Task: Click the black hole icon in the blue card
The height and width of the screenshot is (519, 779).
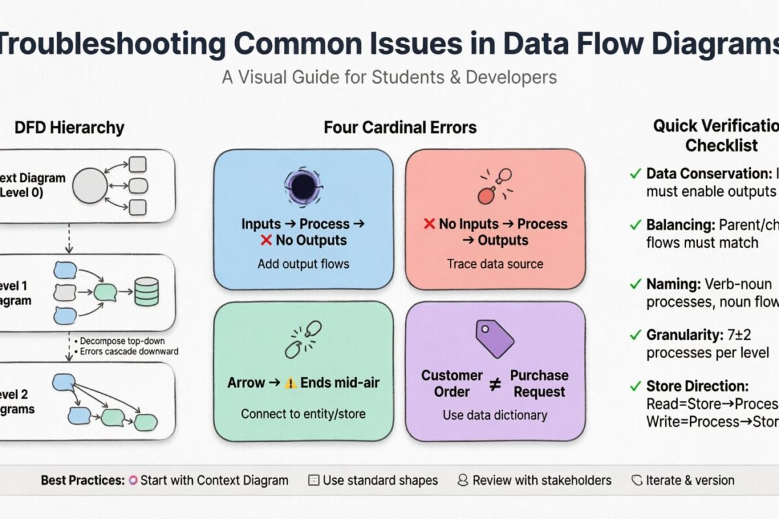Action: (x=303, y=187)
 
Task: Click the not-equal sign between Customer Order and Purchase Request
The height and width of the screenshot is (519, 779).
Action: (x=495, y=384)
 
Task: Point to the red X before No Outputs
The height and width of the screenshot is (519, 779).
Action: (x=266, y=241)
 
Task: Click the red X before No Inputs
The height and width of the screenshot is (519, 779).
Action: (x=429, y=224)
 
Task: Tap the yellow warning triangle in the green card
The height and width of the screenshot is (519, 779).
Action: (x=289, y=383)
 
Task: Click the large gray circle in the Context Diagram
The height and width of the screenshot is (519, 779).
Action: (x=90, y=186)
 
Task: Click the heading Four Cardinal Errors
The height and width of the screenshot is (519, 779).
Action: (x=400, y=128)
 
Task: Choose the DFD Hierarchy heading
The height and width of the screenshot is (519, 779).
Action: (x=70, y=128)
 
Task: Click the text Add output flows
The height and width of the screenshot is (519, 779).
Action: (x=303, y=264)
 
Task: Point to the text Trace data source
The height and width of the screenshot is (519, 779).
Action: (x=495, y=264)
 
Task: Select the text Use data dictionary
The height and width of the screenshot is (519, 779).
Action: (x=495, y=415)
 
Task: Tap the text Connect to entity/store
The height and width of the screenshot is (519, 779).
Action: (x=303, y=413)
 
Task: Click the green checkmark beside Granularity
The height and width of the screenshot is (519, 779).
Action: (x=636, y=335)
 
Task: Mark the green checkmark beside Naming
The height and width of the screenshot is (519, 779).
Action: (x=636, y=284)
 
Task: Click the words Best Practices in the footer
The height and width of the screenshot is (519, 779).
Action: (x=82, y=481)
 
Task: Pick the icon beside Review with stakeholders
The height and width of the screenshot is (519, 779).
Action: (x=463, y=481)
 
